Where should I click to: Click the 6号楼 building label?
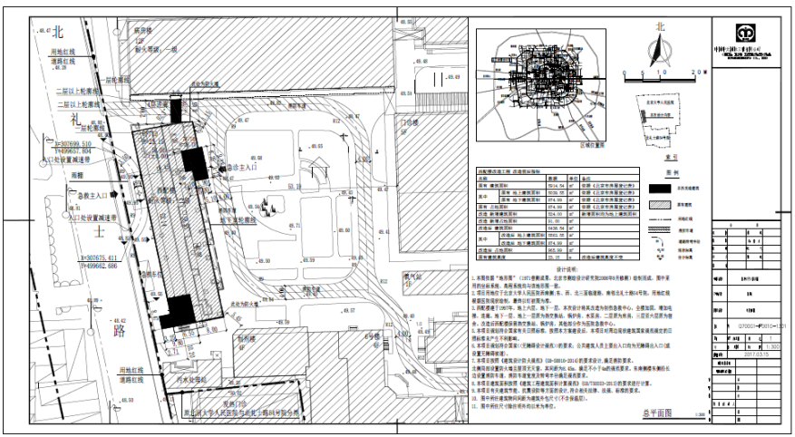(370, 335)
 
